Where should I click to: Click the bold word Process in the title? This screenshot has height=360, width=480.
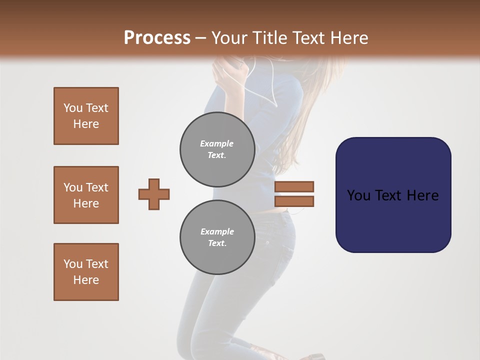point(157,37)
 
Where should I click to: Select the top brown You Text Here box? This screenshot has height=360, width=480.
point(86,116)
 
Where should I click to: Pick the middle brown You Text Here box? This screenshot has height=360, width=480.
point(86,195)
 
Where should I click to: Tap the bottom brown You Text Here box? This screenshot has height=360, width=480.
point(86,272)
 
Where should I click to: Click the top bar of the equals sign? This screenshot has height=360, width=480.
point(294,186)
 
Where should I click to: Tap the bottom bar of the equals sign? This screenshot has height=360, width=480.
point(294,201)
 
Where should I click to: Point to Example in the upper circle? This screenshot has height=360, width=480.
point(216,143)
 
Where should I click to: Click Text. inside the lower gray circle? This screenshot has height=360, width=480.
point(217,243)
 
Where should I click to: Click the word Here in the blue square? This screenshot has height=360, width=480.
point(423,195)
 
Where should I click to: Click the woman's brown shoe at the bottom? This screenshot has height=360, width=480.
point(315,355)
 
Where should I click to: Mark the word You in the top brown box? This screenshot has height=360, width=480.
point(73,108)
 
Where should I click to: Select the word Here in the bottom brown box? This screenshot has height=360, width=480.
point(86,280)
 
